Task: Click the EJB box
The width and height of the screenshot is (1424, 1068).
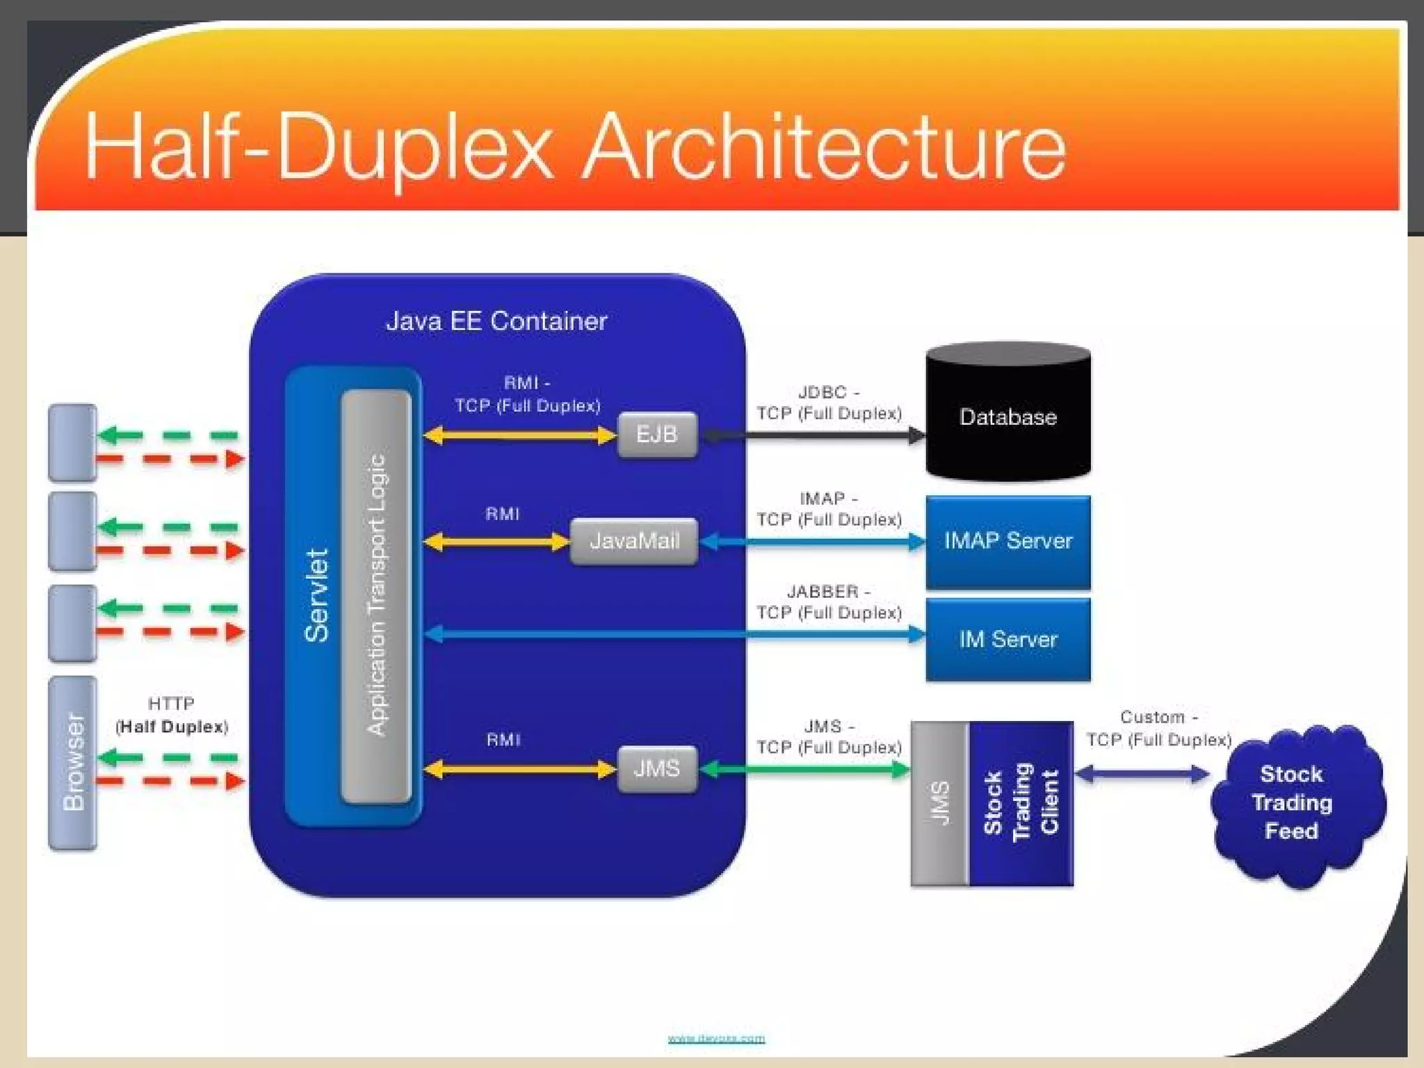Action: click(657, 435)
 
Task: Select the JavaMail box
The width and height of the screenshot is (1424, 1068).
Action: click(633, 541)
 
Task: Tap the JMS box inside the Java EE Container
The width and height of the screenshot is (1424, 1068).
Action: click(657, 769)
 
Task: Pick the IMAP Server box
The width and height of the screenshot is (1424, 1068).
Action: click(1008, 542)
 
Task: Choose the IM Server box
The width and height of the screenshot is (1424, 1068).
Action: click(1008, 640)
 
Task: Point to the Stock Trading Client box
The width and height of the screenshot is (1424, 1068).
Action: click(1021, 803)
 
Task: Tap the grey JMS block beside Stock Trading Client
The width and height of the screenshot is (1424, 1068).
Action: click(939, 803)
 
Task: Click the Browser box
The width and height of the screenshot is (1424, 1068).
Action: click(72, 763)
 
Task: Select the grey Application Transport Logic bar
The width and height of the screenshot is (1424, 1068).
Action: click(376, 595)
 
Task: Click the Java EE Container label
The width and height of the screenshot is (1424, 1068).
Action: click(496, 321)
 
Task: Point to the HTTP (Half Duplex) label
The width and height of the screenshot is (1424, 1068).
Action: click(172, 715)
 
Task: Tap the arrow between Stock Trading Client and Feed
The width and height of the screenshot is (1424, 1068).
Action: click(1142, 774)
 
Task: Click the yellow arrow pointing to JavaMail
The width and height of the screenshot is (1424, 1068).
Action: click(496, 542)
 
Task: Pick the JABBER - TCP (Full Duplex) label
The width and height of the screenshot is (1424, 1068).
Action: click(829, 602)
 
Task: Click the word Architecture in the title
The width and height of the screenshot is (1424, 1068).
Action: click(824, 147)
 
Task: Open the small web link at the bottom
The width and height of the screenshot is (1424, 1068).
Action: click(716, 1039)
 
